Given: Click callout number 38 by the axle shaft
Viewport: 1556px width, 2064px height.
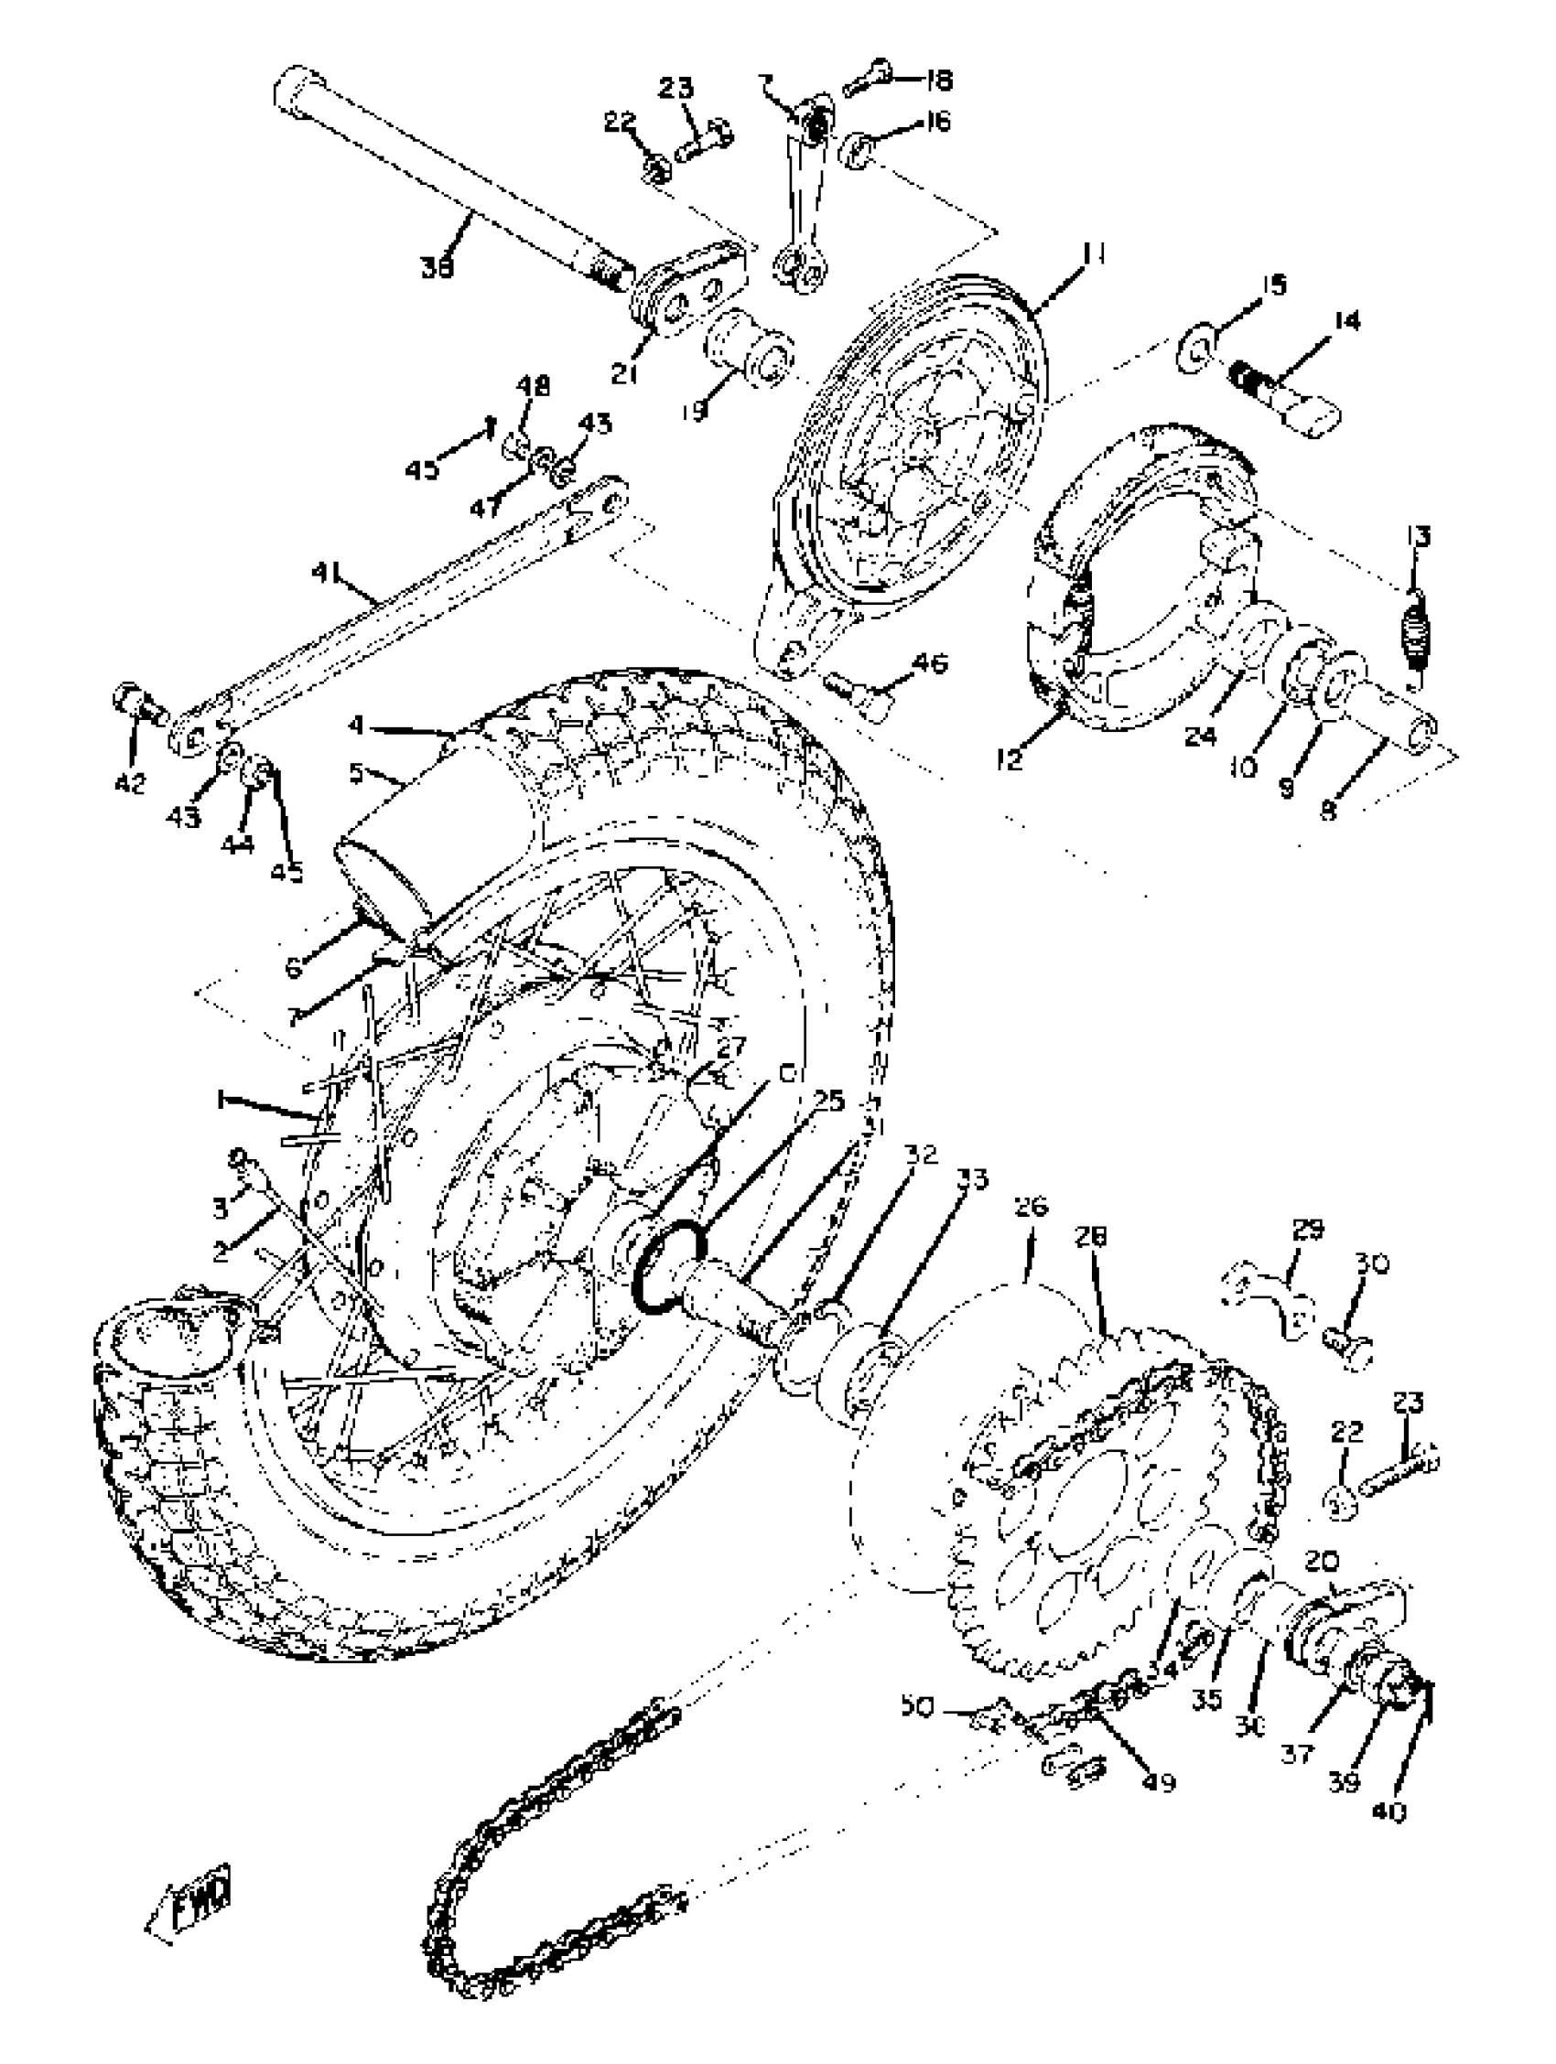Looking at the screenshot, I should [x=437, y=268].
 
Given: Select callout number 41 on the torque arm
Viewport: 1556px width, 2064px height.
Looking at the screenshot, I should [x=327, y=573].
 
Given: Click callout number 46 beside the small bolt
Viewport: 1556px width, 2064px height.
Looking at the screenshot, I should [x=929, y=663].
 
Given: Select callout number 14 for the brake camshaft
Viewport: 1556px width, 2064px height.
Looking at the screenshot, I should [x=1345, y=321].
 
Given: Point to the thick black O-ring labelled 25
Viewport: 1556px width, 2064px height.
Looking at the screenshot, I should [x=670, y=1267].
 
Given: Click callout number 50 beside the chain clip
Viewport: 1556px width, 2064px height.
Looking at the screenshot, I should [x=916, y=1706].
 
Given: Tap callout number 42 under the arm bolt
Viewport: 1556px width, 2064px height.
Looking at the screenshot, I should [x=131, y=782].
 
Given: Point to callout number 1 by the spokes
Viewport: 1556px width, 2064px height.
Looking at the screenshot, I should [x=222, y=1101].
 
